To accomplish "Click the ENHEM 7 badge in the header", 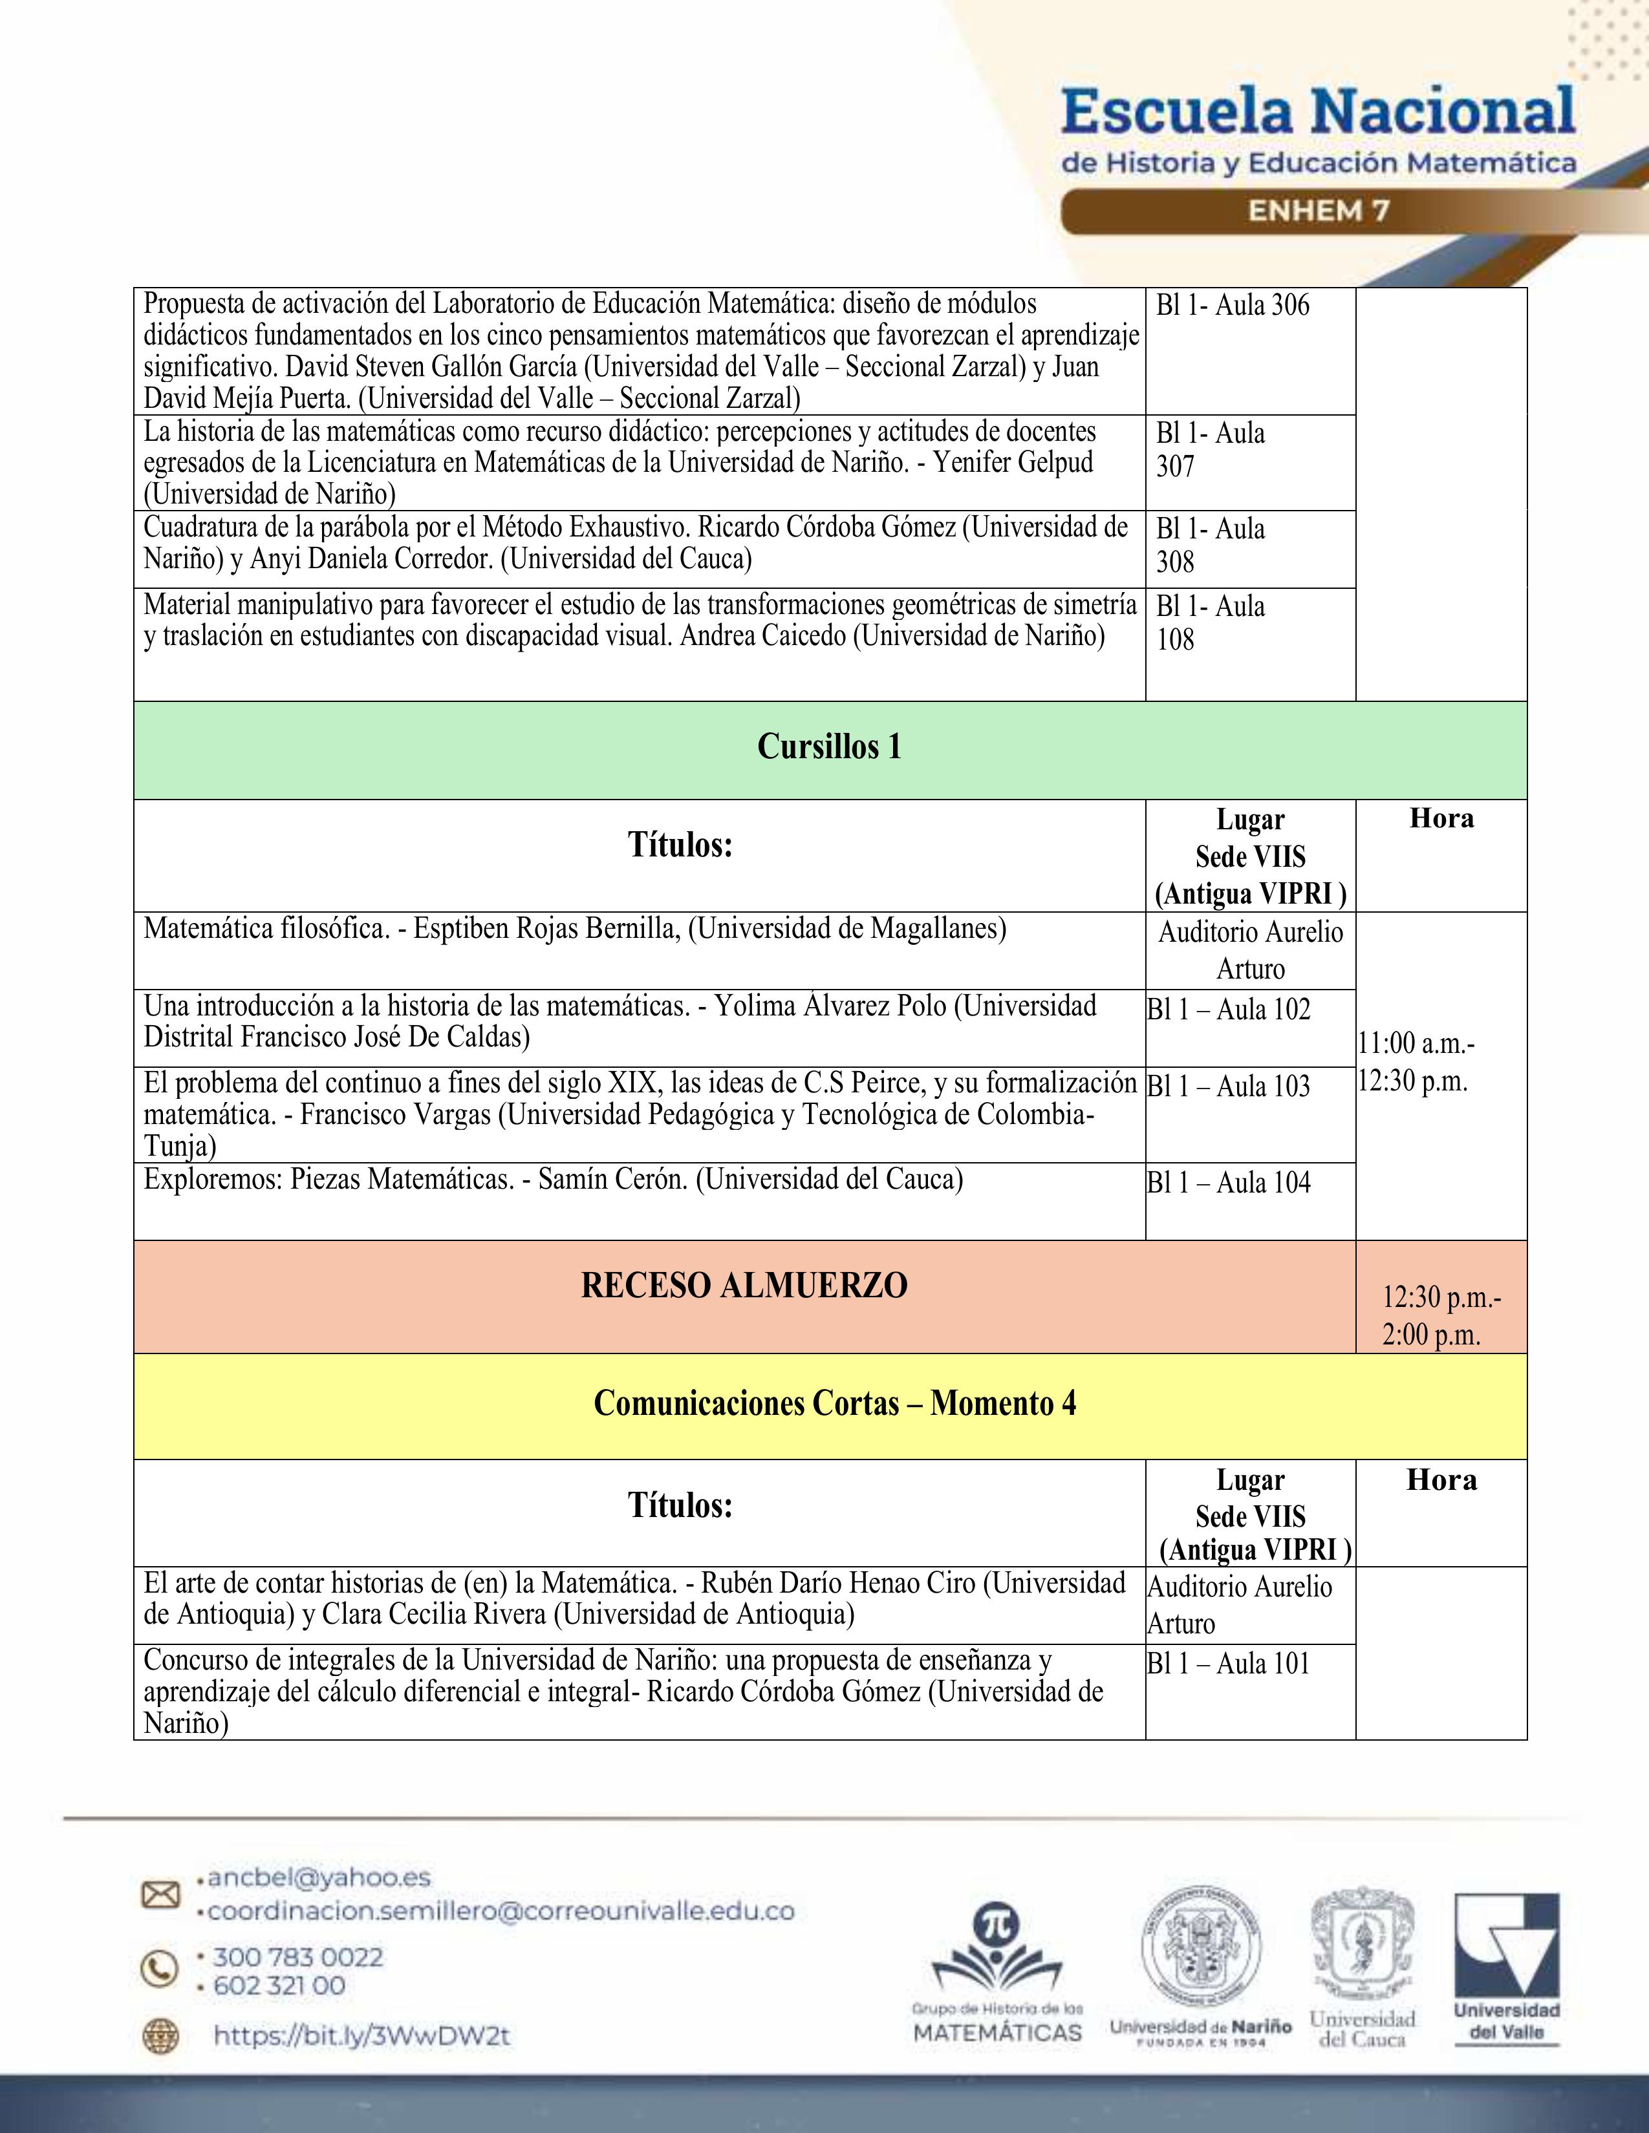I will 1319,211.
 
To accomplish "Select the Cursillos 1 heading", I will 830,748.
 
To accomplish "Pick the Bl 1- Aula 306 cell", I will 1232,306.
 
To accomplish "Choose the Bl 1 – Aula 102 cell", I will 1228,1010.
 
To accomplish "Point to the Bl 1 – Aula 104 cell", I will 1228,1183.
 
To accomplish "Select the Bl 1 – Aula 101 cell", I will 1228,1663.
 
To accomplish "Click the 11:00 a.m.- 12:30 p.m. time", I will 1416,1063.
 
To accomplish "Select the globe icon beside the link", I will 160,2035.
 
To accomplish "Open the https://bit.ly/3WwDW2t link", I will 361,2035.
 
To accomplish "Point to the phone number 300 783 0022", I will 298,1957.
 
